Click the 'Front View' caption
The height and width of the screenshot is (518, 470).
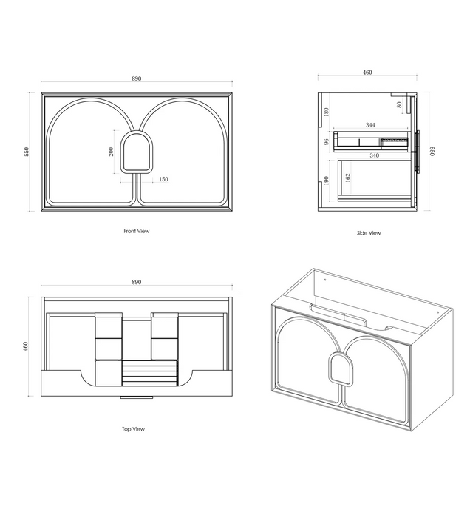pyautogui.click(x=137, y=231)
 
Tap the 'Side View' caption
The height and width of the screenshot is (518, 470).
pyautogui.click(x=369, y=233)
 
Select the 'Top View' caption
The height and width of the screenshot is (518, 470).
pyautogui.click(x=133, y=429)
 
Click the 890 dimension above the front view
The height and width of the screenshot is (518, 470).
pyautogui.click(x=137, y=78)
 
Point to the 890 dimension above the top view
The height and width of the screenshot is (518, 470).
pyautogui.click(x=137, y=282)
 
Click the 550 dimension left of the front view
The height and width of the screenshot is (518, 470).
pyautogui.click(x=27, y=152)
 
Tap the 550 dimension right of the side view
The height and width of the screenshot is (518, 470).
pyautogui.click(x=432, y=151)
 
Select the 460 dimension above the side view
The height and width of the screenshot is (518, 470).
pyautogui.click(x=367, y=73)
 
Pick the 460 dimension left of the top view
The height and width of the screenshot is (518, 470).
pyautogui.click(x=26, y=346)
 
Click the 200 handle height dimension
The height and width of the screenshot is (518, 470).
pyautogui.click(x=111, y=152)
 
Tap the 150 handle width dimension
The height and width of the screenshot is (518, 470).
pyautogui.click(x=163, y=179)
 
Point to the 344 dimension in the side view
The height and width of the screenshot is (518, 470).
pyautogui.click(x=370, y=125)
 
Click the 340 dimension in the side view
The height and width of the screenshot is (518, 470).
pyautogui.click(x=375, y=155)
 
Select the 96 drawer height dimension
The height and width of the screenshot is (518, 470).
pyautogui.click(x=327, y=142)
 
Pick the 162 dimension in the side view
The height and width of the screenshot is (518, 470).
pyautogui.click(x=348, y=178)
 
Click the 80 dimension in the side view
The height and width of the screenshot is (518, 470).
pyautogui.click(x=399, y=105)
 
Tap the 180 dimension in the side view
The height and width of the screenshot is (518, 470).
pyautogui.click(x=327, y=112)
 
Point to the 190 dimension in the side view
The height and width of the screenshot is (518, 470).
pyautogui.click(x=327, y=181)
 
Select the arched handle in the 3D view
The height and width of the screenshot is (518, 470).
pyautogui.click(x=341, y=369)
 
